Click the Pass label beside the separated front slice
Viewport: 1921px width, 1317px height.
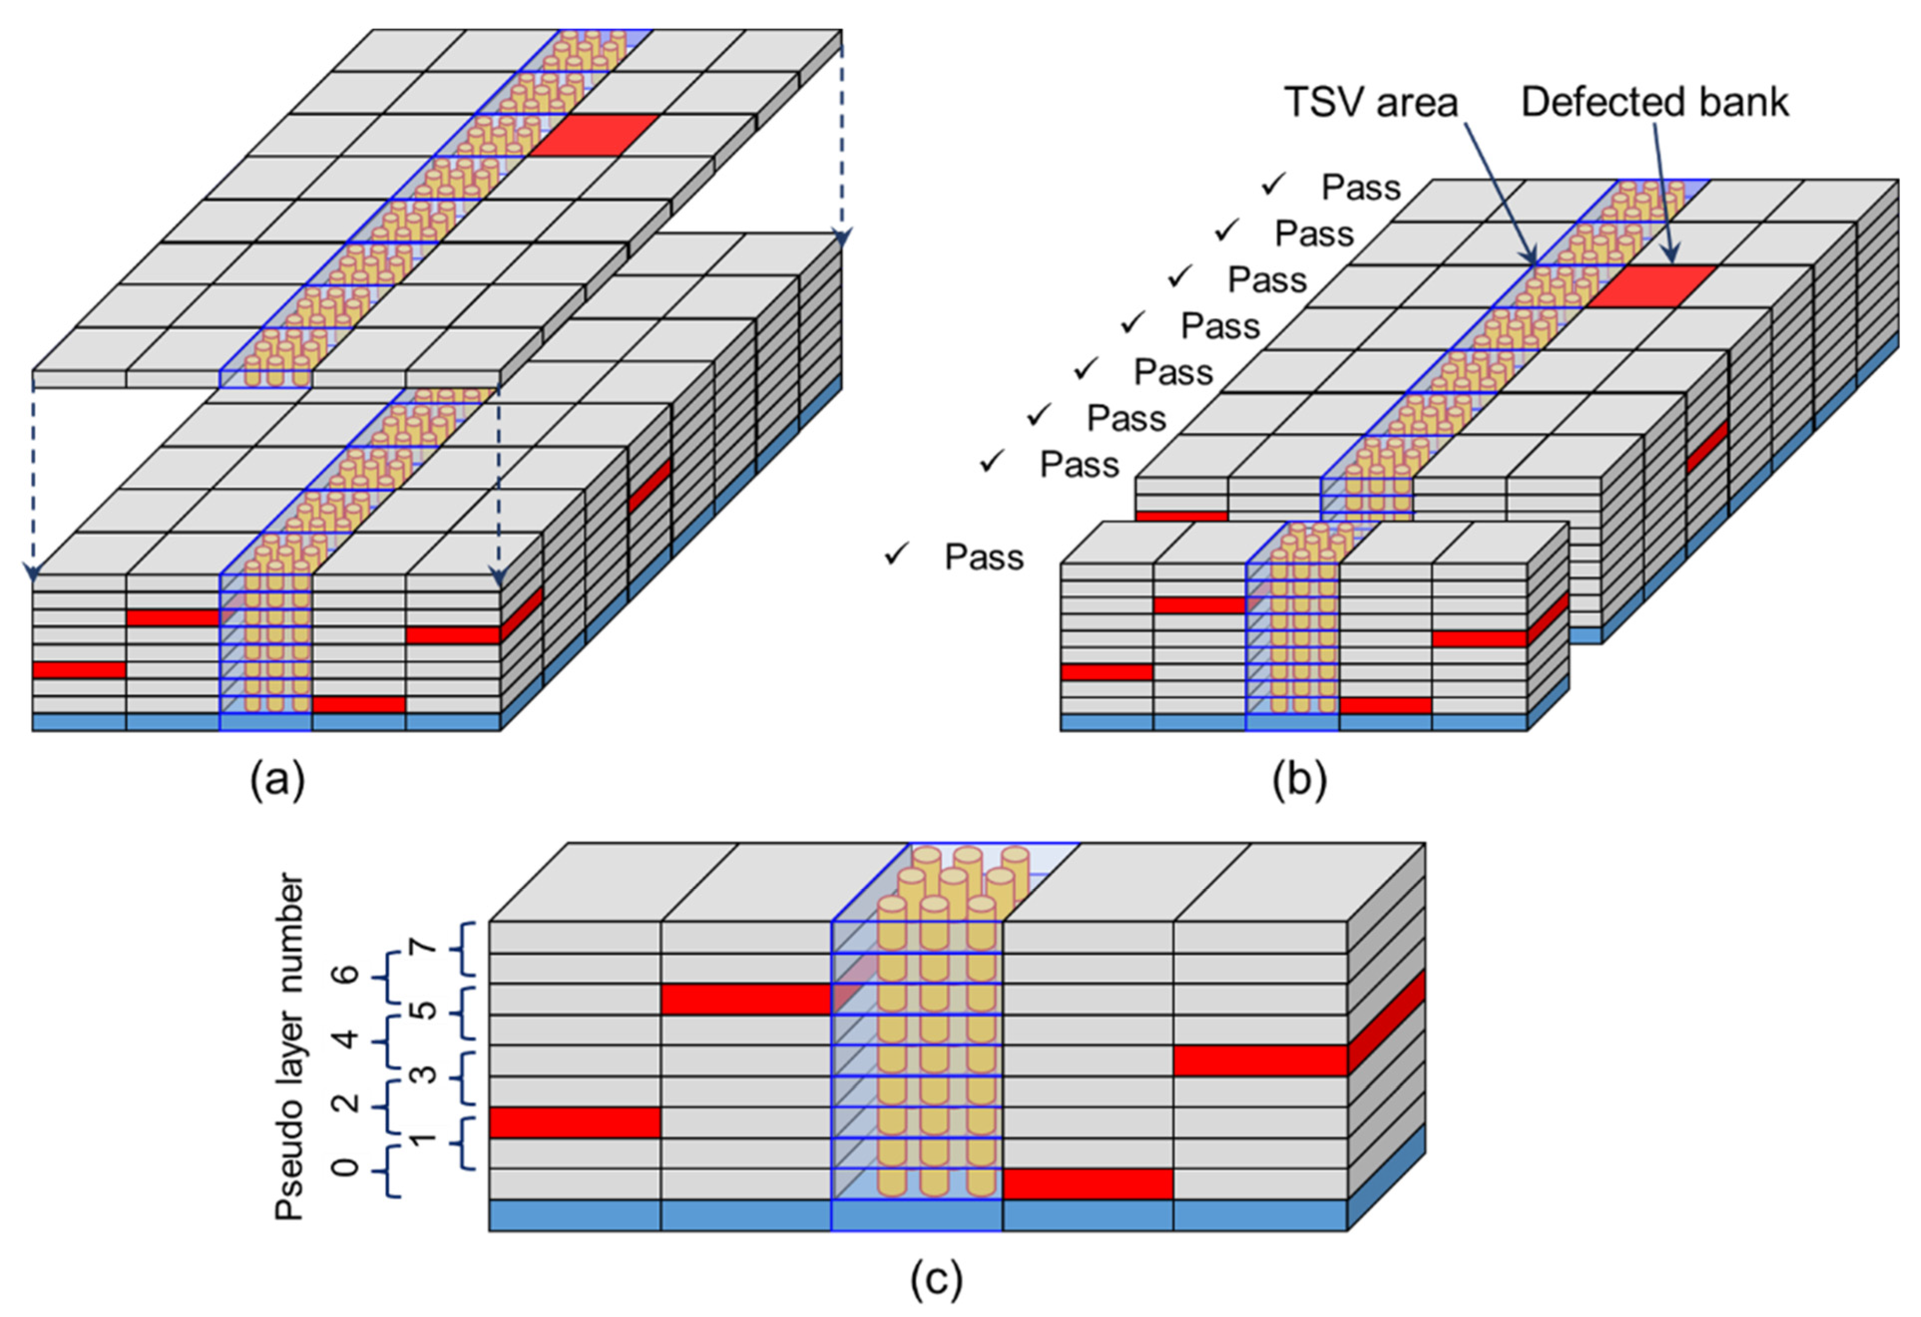tap(984, 557)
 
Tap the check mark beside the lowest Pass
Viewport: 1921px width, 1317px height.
tap(896, 554)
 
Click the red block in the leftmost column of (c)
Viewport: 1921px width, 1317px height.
tap(575, 1122)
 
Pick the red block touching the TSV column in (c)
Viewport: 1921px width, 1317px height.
tap(746, 999)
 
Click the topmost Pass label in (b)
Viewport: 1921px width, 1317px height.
tap(1361, 188)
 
